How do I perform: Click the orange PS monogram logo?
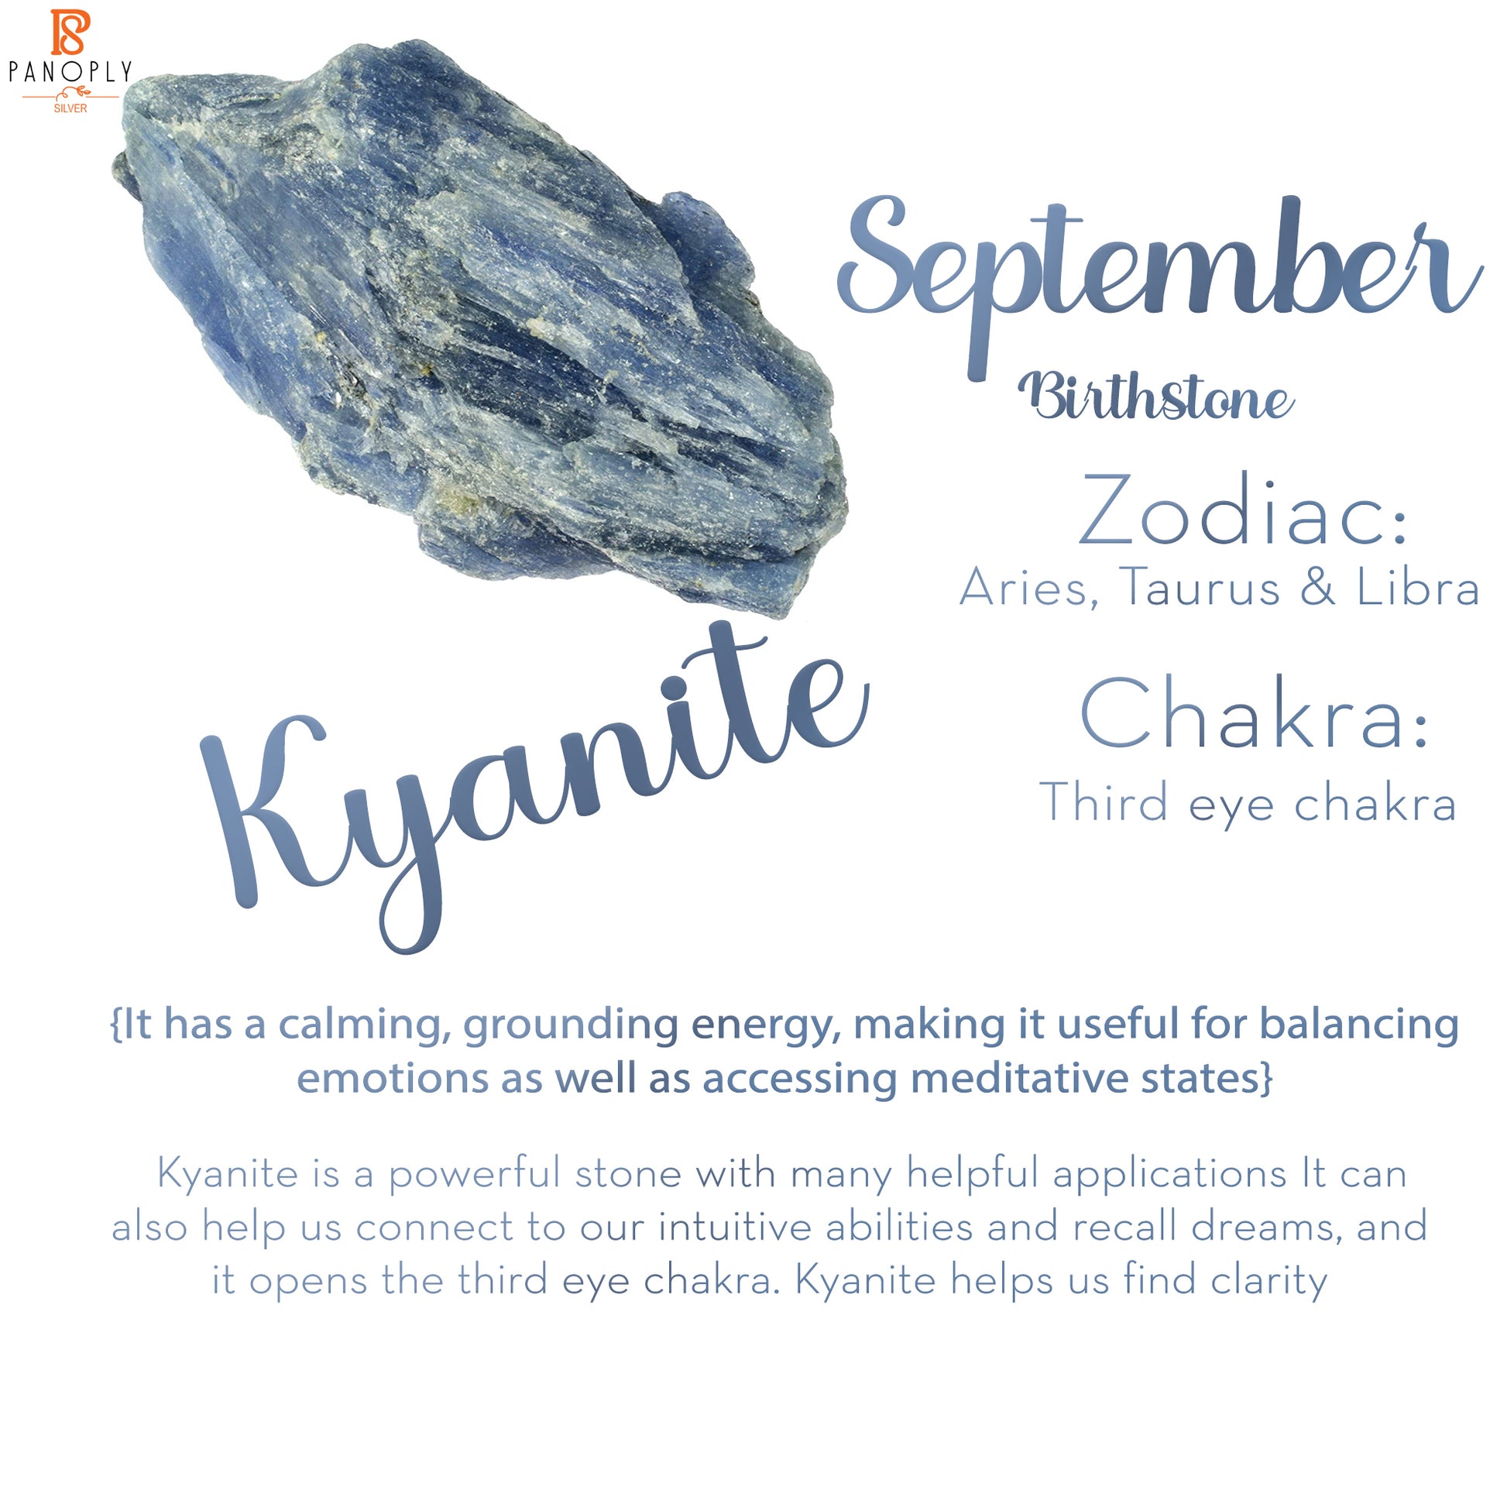coord(71,33)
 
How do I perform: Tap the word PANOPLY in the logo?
coord(70,73)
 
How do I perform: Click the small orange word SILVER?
coord(70,108)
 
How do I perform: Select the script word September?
coord(1160,281)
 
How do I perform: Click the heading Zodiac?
coord(1244,510)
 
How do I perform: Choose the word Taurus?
coord(1199,586)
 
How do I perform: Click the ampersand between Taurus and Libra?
coord(1318,586)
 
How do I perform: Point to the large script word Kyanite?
coord(535,788)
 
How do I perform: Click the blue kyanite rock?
coord(479,328)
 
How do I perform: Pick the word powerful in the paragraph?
coord(474,1174)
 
